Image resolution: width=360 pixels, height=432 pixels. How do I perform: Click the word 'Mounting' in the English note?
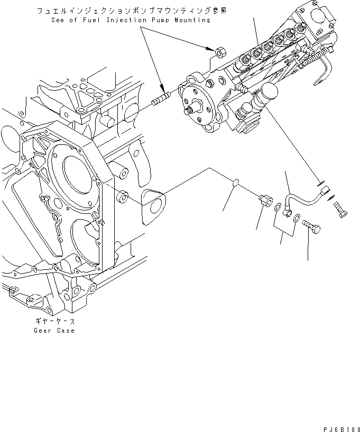click(x=188, y=20)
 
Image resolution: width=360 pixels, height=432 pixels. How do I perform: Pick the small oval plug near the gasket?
click(x=236, y=183)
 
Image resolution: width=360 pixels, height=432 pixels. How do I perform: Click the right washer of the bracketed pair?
click(x=297, y=217)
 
